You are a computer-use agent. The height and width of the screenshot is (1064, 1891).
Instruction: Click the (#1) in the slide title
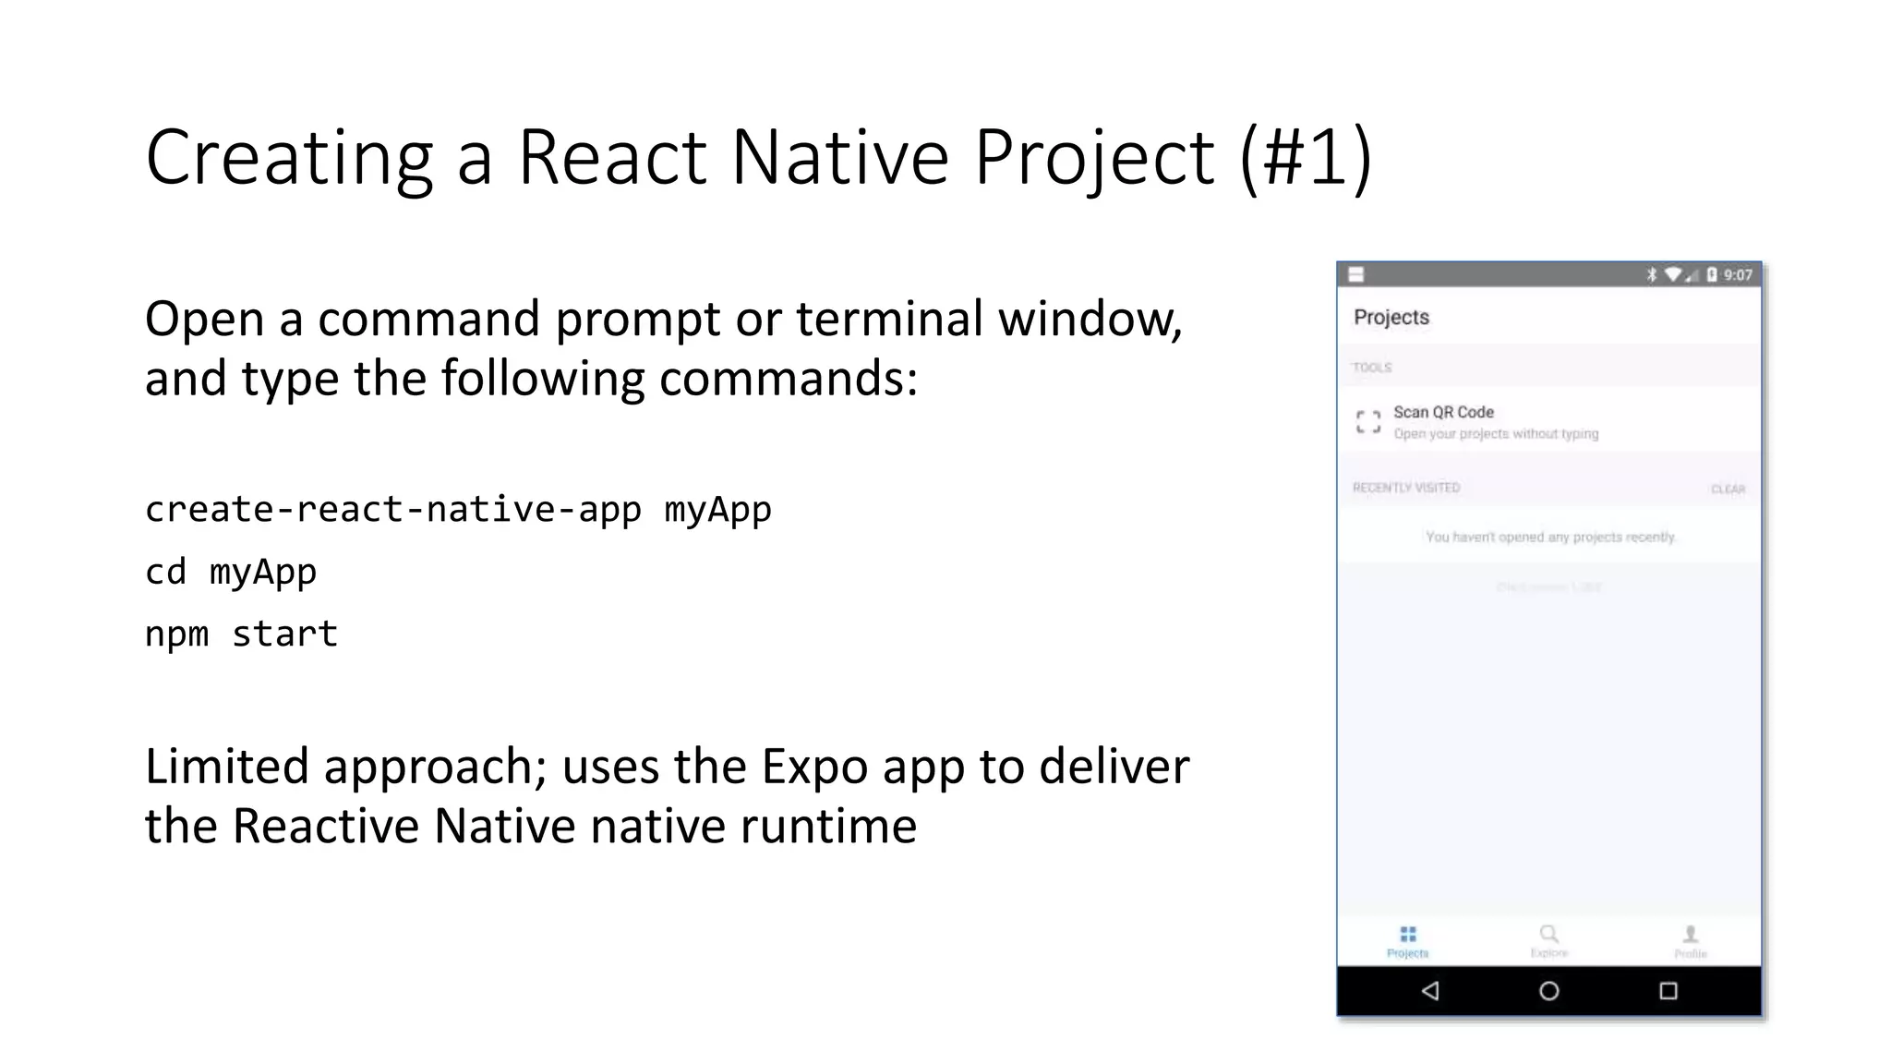(x=1305, y=158)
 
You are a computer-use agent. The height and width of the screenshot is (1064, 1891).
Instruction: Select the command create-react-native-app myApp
(x=458, y=510)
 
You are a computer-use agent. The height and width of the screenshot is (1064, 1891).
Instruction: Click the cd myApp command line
(x=231, y=572)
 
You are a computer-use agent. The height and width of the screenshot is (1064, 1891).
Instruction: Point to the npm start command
(x=242, y=634)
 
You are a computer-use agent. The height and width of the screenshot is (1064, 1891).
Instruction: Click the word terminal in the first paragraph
(x=889, y=320)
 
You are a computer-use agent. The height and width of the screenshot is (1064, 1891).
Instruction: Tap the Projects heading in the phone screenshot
(x=1391, y=317)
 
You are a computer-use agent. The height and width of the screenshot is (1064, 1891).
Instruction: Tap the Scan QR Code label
(x=1443, y=412)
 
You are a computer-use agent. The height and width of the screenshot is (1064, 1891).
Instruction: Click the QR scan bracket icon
(x=1368, y=422)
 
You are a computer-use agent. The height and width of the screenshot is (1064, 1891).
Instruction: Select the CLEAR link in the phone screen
(x=1728, y=489)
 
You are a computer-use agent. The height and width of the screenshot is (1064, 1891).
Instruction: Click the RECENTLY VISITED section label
(x=1406, y=488)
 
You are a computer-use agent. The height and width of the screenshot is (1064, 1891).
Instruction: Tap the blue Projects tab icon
(x=1408, y=935)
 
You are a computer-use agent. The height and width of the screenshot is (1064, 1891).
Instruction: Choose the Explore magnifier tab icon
(x=1549, y=935)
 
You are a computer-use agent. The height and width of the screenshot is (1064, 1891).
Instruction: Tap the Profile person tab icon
(x=1691, y=935)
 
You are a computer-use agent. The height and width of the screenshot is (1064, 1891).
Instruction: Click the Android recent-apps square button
(x=1668, y=991)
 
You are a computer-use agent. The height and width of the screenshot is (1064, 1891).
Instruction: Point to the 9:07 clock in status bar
(x=1738, y=274)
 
